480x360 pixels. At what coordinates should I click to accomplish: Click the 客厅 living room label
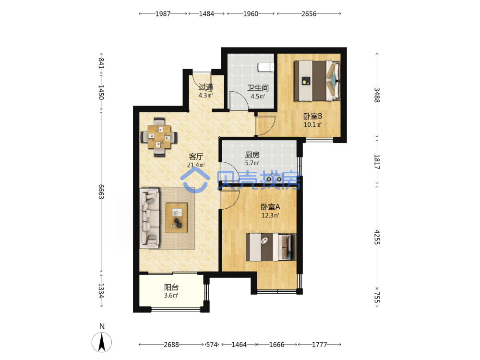coord(196,157)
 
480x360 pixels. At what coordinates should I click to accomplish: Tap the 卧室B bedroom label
coord(312,116)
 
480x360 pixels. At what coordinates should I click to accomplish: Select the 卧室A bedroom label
coord(270,207)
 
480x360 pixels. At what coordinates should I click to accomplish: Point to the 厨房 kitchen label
coord(252,155)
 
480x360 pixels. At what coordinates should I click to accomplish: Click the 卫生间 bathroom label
coord(258,88)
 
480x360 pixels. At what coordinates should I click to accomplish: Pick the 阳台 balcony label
coord(171,288)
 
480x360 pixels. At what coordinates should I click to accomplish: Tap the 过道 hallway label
coord(206,87)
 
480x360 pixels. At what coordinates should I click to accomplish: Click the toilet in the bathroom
coord(266,67)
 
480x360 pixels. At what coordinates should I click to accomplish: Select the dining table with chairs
coord(159,137)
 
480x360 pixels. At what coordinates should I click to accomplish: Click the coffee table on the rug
coord(176,217)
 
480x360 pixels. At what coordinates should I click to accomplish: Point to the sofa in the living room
coord(150,218)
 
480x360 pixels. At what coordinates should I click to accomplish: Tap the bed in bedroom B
coord(317,81)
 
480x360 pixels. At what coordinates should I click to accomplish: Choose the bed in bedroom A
coord(271,247)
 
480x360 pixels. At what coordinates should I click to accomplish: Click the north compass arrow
coord(102,342)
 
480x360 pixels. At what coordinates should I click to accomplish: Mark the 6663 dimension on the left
coord(101,192)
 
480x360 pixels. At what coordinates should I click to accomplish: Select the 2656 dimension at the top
coord(309,14)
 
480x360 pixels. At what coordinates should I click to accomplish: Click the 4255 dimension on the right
coord(377,237)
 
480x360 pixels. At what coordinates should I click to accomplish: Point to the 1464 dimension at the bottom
coord(239,345)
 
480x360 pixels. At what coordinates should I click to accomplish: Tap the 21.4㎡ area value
coord(196,165)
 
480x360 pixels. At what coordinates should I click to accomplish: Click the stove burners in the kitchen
coord(274,179)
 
